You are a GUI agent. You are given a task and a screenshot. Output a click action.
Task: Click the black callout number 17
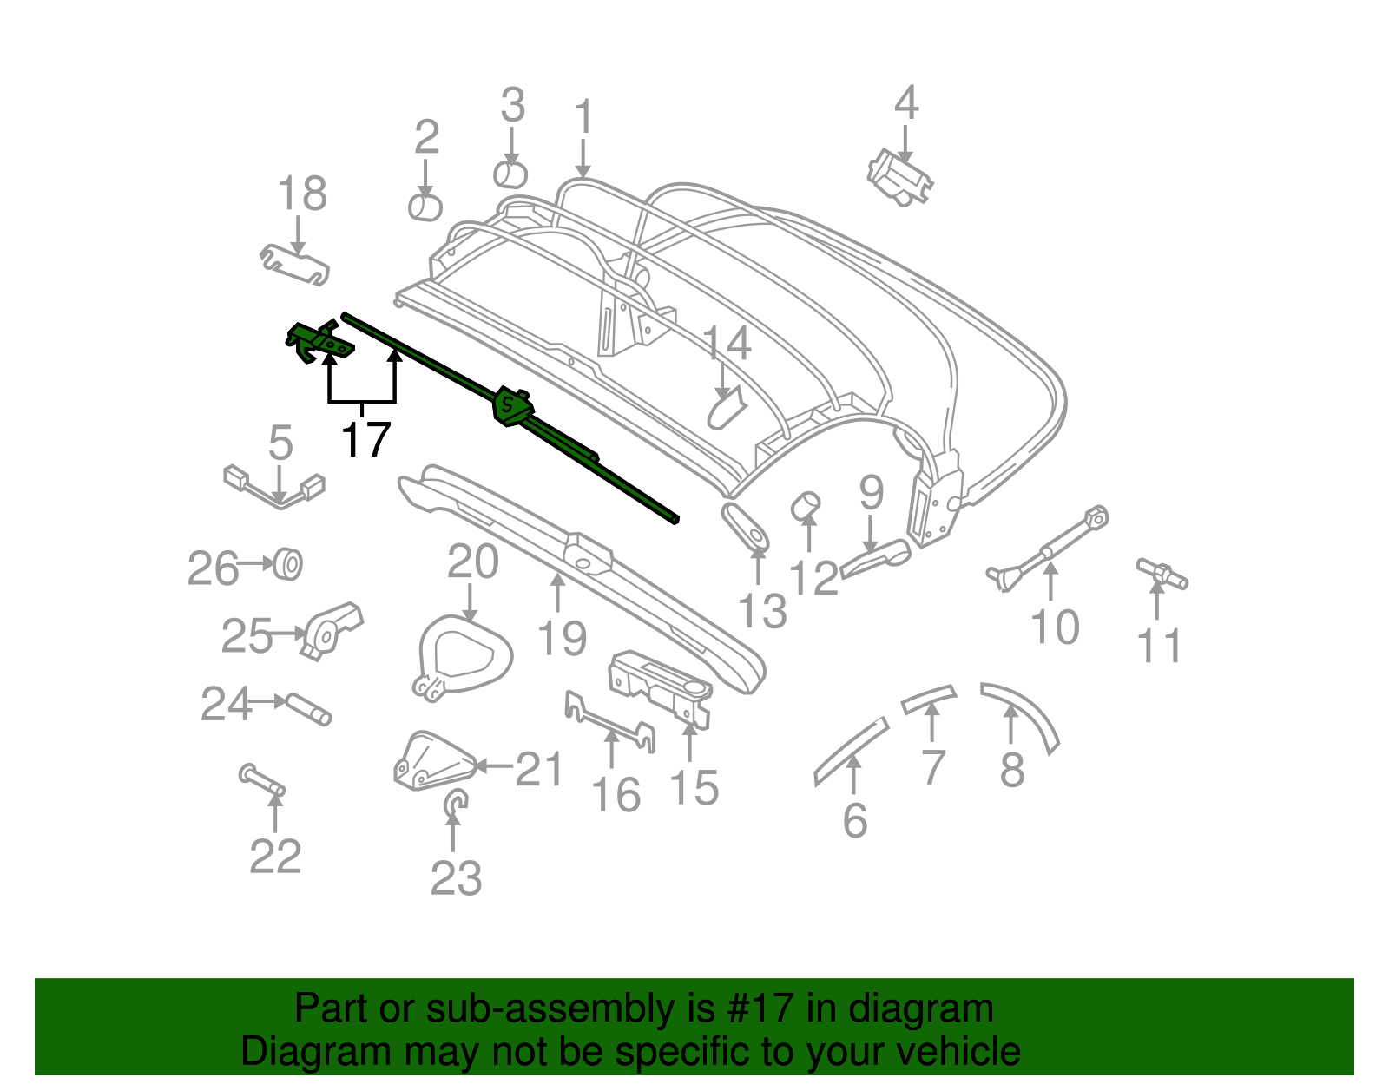(365, 440)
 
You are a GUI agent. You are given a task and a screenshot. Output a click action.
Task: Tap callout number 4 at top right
(905, 103)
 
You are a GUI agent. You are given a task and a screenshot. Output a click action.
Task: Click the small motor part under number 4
(899, 178)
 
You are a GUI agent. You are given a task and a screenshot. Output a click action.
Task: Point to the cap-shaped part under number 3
(510, 174)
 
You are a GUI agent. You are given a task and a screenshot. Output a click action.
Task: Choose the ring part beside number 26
(288, 564)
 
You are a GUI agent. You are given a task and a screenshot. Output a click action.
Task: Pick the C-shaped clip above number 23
(454, 804)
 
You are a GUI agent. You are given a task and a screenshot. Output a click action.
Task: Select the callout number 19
(563, 639)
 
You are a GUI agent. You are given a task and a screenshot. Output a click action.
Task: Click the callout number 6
(854, 819)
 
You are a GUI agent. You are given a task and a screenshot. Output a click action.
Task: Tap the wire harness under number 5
(274, 489)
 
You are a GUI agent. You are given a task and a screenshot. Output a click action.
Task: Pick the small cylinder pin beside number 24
(309, 708)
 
